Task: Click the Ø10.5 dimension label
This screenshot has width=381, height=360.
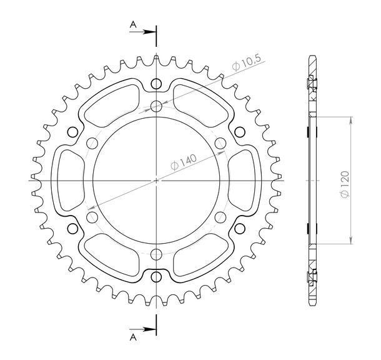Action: point(247,63)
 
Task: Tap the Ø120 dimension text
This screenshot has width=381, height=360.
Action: point(345,184)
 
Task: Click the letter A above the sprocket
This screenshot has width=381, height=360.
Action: point(133,24)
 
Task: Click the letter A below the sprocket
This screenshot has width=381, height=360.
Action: point(133,337)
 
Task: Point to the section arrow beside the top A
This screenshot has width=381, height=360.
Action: point(142,32)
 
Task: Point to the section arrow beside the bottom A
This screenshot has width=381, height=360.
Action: point(142,329)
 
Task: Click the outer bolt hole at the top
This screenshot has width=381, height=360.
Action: point(156,84)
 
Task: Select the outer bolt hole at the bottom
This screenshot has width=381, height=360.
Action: point(156,277)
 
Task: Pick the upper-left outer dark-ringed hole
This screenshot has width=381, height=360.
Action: point(72,132)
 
